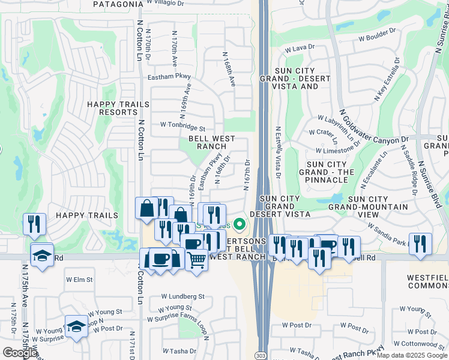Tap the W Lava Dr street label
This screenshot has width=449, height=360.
[300, 49]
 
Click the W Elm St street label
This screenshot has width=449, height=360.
[79, 280]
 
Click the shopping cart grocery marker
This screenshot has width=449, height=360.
[197, 259]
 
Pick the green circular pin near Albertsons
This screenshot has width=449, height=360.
[240, 225]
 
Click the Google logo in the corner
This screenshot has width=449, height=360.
[20, 353]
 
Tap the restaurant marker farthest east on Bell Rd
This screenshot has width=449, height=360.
[420, 243]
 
